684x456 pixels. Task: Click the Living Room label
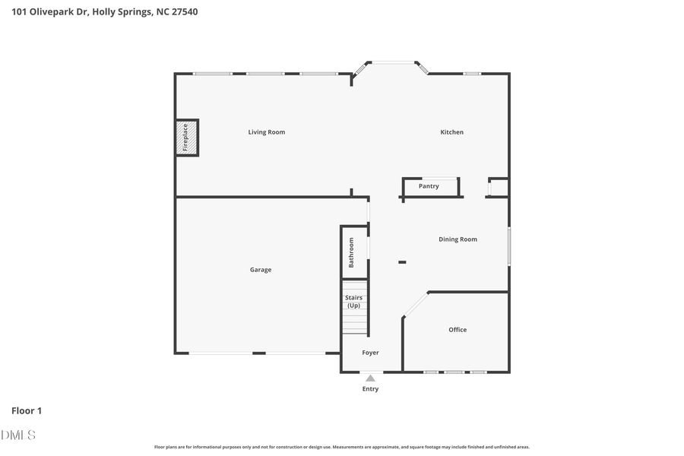[x=266, y=132]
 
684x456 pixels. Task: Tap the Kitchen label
[x=451, y=132]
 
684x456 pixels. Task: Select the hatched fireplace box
[x=186, y=138]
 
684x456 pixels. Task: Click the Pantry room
[x=429, y=186]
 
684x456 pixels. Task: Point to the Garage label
[x=261, y=270]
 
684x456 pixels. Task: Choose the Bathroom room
[x=353, y=252]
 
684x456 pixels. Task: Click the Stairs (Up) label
[x=353, y=302]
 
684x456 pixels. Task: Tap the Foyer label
[x=370, y=353]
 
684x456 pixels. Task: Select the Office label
[x=458, y=330]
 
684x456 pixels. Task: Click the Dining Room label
[x=458, y=239]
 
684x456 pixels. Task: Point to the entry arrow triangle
[x=370, y=378]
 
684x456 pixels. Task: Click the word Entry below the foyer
[x=370, y=389]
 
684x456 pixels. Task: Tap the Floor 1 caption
[x=27, y=410]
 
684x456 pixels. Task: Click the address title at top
[x=105, y=12]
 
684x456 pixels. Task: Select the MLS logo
[x=18, y=435]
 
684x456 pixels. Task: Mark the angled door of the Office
[x=415, y=305]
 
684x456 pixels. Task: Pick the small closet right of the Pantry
[x=499, y=187]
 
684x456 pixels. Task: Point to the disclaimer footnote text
[x=342, y=447]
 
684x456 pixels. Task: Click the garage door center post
[x=259, y=353]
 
